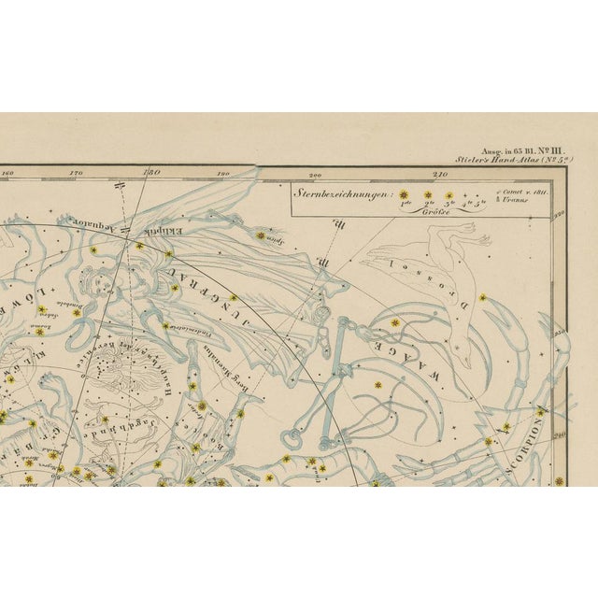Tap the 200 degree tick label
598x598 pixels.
(x=315, y=174)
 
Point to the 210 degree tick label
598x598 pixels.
(x=440, y=174)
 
